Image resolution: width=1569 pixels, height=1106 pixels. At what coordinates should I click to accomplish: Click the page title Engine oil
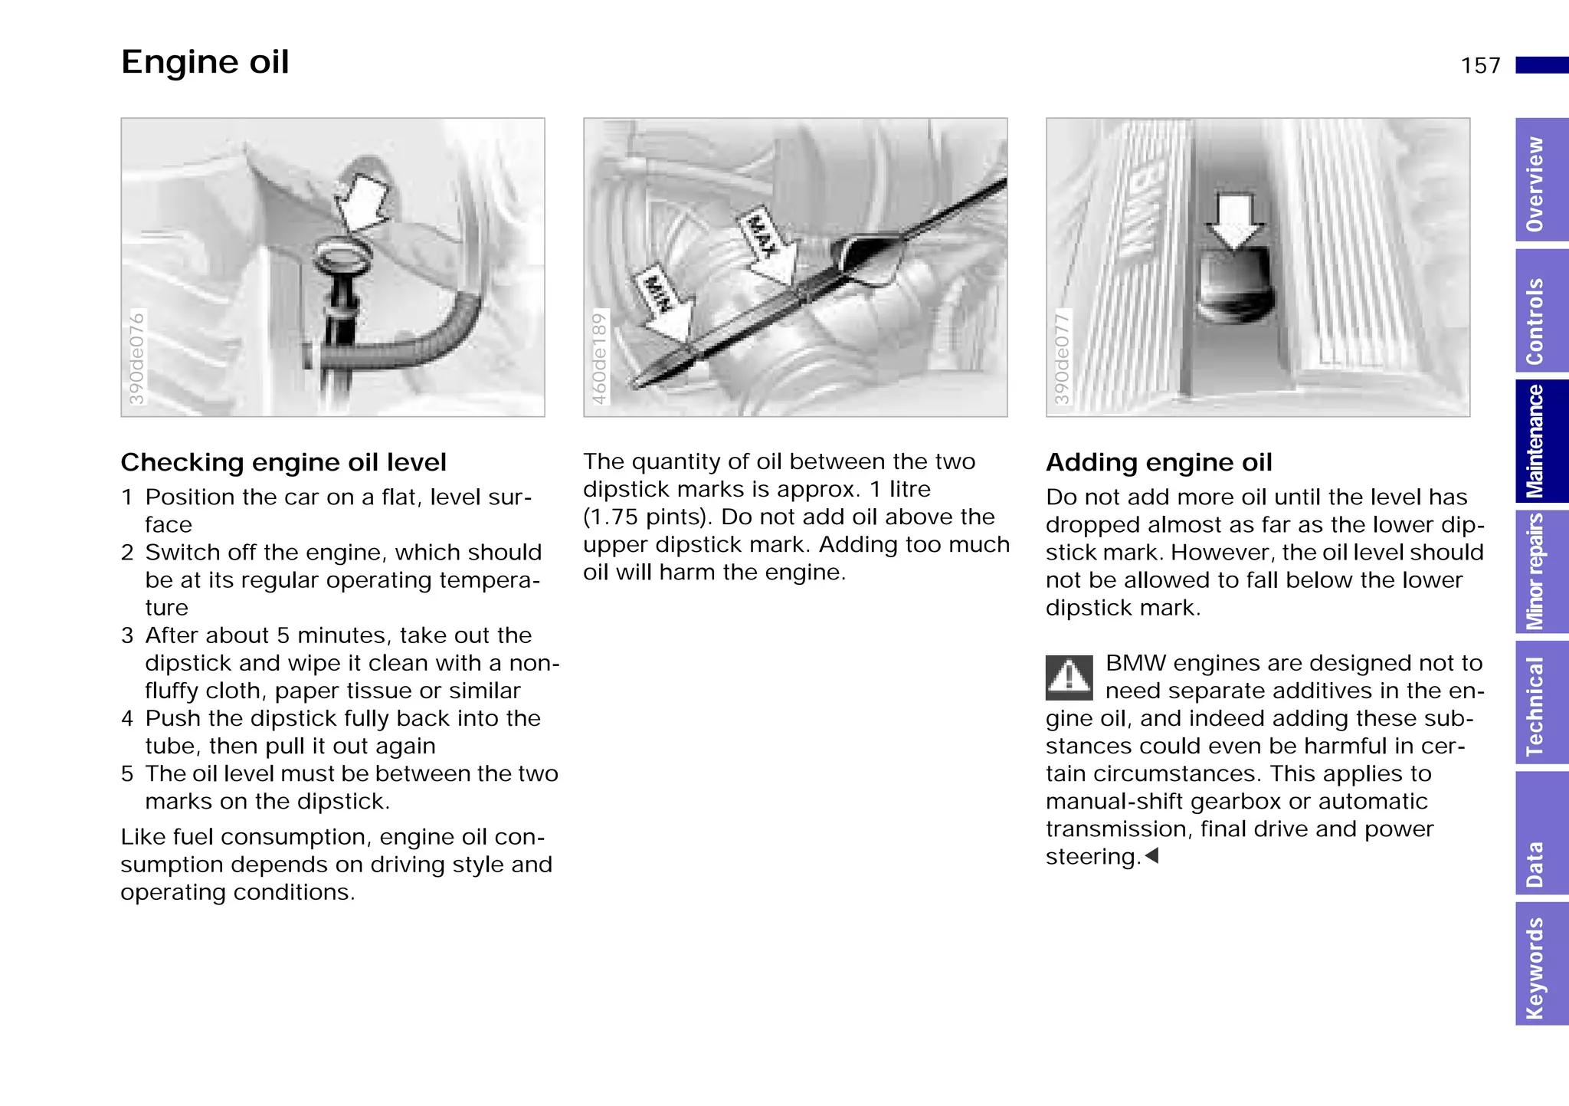(205, 62)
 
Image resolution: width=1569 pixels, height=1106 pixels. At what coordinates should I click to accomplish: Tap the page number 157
(1480, 66)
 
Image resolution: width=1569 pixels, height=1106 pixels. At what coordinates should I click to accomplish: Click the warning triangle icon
(1069, 678)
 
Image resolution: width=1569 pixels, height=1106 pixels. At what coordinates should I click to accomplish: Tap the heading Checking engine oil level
(283, 463)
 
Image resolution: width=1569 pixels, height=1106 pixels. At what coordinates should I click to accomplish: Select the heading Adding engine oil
(1158, 463)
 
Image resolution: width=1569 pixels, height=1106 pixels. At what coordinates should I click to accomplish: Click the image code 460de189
(600, 358)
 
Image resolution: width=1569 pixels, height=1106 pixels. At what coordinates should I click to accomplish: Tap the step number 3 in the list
(127, 635)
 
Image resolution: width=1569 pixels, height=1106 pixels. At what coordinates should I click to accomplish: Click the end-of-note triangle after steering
(1151, 855)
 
